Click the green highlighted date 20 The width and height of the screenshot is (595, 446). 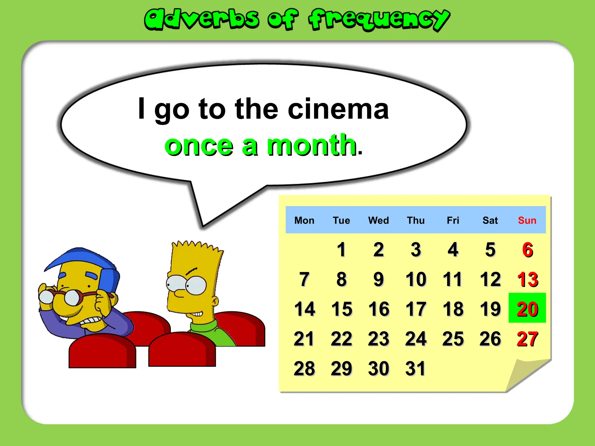pyautogui.click(x=527, y=309)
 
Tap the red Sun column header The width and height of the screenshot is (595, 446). pyautogui.click(x=527, y=220)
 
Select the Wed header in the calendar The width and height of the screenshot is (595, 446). pyautogui.click(x=379, y=220)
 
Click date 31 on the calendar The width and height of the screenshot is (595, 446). pyautogui.click(x=415, y=368)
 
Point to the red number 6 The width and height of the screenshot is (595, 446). pyautogui.click(x=528, y=250)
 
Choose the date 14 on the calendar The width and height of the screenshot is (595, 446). pyautogui.click(x=304, y=309)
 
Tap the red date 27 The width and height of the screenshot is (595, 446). pyautogui.click(x=527, y=339)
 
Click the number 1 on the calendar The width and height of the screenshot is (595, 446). pyautogui.click(x=341, y=250)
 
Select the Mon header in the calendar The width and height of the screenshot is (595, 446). pyautogui.click(x=304, y=220)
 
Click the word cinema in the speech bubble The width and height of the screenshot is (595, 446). pyautogui.click(x=338, y=109)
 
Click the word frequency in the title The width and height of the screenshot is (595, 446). pyautogui.click(x=379, y=19)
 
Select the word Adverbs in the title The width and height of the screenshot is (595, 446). pyautogui.click(x=202, y=19)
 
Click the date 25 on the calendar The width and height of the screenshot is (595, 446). pyautogui.click(x=453, y=339)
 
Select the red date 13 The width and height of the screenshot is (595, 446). pyautogui.click(x=528, y=279)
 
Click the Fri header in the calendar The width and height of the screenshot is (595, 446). pyautogui.click(x=453, y=220)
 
